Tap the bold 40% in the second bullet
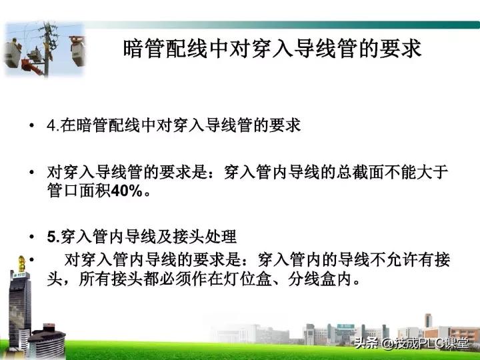click(x=128, y=191)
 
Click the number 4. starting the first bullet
click(x=54, y=125)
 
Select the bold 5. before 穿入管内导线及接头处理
click(x=53, y=236)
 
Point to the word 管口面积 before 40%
click(x=79, y=191)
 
